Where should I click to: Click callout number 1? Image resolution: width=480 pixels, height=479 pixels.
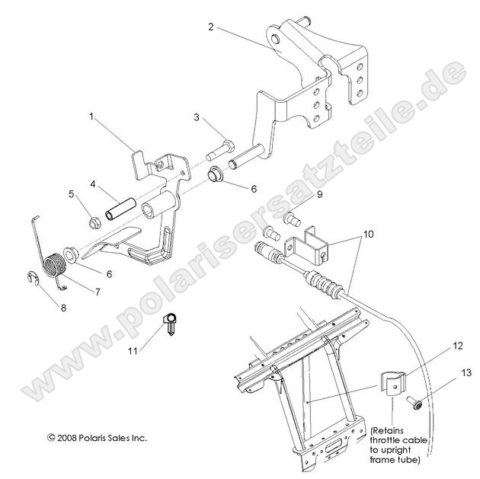[91, 118]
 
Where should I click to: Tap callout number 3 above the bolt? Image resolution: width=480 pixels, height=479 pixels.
[196, 118]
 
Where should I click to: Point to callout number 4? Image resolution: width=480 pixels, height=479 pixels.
[92, 184]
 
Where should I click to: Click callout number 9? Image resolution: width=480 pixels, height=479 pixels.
[299, 195]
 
